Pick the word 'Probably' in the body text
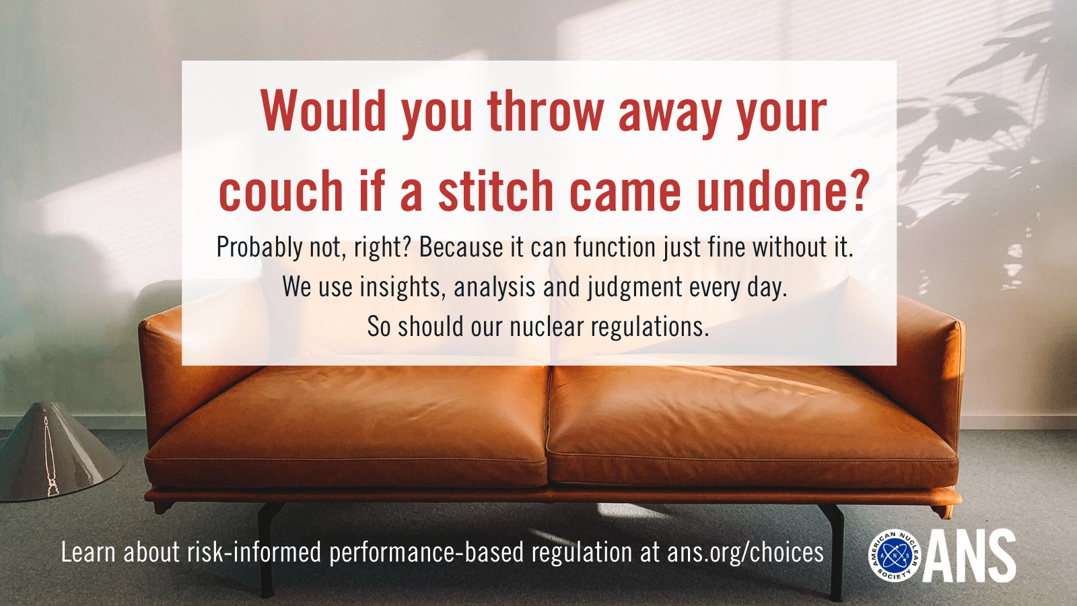coord(260,248)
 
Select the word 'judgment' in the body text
coord(635,288)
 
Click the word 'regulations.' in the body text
coord(650,328)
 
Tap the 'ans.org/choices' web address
coord(745,552)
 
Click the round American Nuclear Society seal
coord(894,556)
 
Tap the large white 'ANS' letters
coord(969,556)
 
